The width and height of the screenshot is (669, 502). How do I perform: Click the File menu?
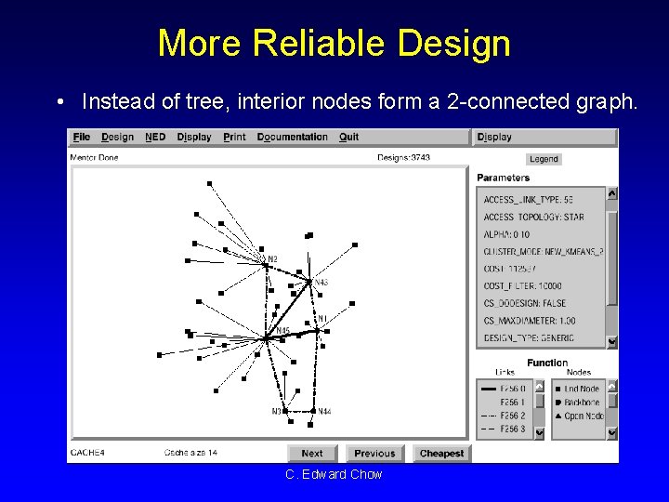click(81, 137)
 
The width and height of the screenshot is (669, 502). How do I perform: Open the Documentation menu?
click(292, 137)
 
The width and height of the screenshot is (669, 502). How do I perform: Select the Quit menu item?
click(348, 137)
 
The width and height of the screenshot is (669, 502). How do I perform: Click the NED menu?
click(155, 137)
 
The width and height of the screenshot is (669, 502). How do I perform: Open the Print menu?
click(235, 137)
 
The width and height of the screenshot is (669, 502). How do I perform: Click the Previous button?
click(374, 454)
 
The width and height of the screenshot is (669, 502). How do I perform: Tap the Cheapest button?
click(441, 454)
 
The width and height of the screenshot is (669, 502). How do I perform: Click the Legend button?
click(544, 159)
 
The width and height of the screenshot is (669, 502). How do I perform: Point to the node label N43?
click(321, 283)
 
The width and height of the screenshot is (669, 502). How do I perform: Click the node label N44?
click(324, 411)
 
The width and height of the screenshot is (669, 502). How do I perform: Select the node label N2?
click(272, 259)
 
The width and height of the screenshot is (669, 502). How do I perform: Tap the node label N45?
click(282, 331)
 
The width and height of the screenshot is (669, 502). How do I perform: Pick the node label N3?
click(277, 411)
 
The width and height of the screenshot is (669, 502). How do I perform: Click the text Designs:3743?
click(403, 158)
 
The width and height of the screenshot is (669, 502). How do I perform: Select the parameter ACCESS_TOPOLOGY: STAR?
click(533, 217)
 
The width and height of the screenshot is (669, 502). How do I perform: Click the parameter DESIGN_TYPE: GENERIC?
click(529, 338)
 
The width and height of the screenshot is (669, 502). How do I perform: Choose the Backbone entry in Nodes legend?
click(582, 403)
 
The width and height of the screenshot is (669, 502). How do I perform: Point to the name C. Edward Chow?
click(334, 475)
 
